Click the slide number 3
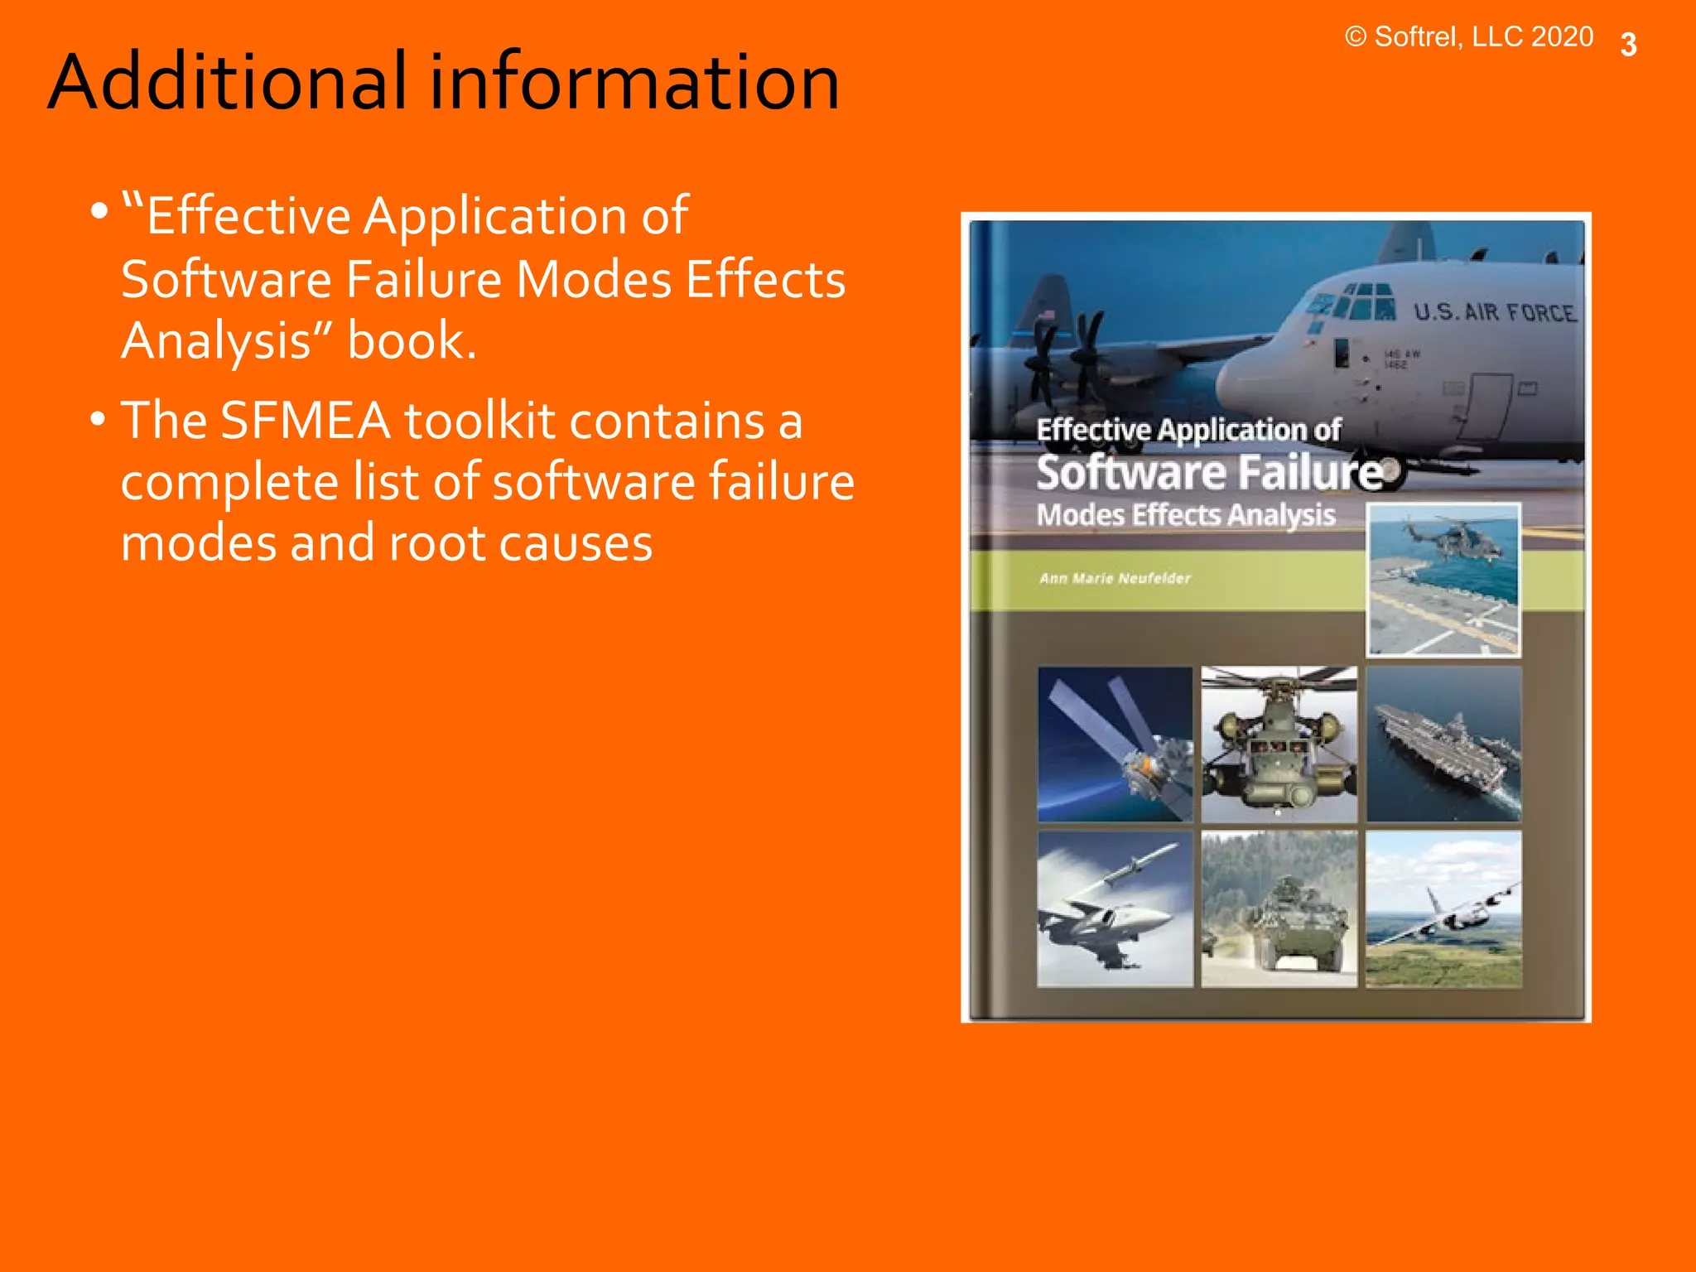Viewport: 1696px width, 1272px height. click(x=1628, y=45)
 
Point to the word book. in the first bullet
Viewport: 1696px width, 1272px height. click(x=412, y=340)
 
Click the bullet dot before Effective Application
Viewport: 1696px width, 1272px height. click(x=99, y=211)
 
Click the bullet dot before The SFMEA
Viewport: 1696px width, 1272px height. click(x=99, y=419)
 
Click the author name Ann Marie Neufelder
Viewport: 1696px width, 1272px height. click(x=1115, y=578)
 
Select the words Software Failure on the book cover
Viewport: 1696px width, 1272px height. click(x=1209, y=473)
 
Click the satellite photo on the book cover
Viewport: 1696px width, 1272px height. click(x=1115, y=744)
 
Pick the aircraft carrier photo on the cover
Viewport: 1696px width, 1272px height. click(x=1443, y=744)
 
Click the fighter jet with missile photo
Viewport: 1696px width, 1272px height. click(x=1115, y=908)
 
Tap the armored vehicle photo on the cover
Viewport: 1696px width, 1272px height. click(x=1279, y=908)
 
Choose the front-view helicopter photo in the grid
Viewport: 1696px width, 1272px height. click(x=1279, y=744)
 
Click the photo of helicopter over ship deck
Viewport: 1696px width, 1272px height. click(x=1443, y=580)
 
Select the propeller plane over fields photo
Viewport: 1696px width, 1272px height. click(x=1443, y=908)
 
